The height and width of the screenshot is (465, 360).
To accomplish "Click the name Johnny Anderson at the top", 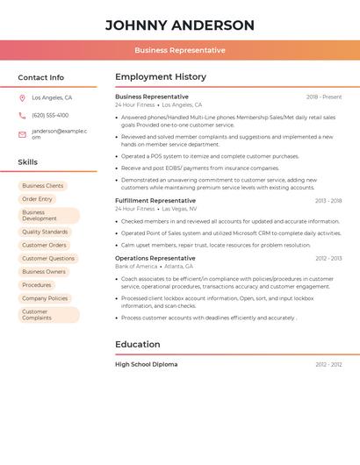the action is tap(180, 25).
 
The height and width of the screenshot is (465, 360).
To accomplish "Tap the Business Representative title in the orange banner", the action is tap(180, 50).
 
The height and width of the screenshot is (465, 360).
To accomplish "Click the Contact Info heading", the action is tap(41, 77).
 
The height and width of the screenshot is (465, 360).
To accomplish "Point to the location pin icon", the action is tap(22, 98).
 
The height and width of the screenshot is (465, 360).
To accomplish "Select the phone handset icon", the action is tap(22, 115).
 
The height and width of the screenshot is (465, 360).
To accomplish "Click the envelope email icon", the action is tap(22, 134).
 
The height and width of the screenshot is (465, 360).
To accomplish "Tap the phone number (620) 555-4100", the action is tap(50, 115).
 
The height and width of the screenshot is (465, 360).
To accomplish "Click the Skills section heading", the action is tap(28, 162).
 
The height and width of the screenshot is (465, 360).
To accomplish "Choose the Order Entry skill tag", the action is tap(37, 199).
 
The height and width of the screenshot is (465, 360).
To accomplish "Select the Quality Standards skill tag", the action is tap(44, 232).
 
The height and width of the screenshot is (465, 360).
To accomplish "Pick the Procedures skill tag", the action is tap(37, 285).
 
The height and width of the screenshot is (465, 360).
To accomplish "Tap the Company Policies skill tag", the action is tap(45, 298).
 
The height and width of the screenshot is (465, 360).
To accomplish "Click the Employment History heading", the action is tap(161, 76).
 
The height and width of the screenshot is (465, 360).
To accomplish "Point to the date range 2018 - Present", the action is tap(324, 97).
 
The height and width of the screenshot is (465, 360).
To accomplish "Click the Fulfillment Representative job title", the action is tap(155, 201).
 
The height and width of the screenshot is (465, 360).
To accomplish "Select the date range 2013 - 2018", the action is tap(328, 201).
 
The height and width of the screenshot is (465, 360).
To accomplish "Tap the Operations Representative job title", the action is tap(155, 258).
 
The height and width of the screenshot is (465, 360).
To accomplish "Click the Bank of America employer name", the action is tap(136, 266).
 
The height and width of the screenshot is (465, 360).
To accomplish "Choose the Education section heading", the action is tap(138, 344).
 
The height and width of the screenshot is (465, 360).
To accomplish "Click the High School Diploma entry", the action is tap(146, 364).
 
